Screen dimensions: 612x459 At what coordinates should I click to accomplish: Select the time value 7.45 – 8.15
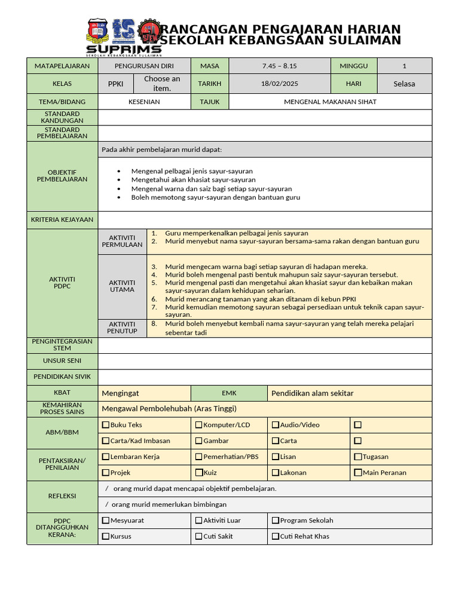[280, 66]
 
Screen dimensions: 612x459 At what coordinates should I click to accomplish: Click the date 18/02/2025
[280, 84]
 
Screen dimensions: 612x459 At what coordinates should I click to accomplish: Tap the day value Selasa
[404, 84]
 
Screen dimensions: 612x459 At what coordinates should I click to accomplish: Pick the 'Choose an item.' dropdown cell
[162, 84]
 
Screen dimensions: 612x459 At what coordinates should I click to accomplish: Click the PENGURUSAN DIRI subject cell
[144, 66]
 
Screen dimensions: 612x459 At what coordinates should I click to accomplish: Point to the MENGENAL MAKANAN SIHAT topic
[330, 102]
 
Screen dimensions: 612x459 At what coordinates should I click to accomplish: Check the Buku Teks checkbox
[106, 425]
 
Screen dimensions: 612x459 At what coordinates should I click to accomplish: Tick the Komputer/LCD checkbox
[199, 425]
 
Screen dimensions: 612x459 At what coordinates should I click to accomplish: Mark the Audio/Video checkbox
[276, 425]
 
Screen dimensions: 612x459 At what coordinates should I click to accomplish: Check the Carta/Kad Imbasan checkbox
[106, 441]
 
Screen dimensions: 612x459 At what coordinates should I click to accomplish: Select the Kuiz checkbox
[199, 473]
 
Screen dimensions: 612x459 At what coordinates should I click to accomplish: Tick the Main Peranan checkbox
[358, 473]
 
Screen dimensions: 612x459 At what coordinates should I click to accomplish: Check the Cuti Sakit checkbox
[199, 537]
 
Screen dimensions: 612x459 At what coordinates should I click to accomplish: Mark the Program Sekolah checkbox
[276, 521]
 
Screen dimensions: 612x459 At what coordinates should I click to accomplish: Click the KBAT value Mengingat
[121, 393]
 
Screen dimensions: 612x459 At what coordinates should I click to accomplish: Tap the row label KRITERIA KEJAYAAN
[62, 220]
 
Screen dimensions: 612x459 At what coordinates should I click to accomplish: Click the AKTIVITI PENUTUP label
[122, 328]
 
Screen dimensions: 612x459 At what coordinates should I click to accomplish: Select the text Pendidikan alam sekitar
[313, 393]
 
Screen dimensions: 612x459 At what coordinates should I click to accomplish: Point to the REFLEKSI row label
[62, 496]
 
